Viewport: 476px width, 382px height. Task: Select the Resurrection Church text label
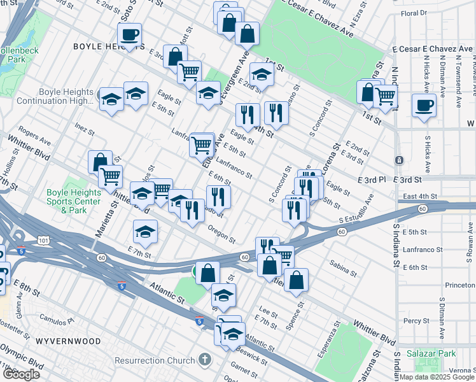(x=154, y=360)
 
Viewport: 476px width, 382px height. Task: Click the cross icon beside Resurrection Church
(x=204, y=360)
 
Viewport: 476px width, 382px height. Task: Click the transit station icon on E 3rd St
(x=398, y=160)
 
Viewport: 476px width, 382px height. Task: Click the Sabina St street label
(x=343, y=268)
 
